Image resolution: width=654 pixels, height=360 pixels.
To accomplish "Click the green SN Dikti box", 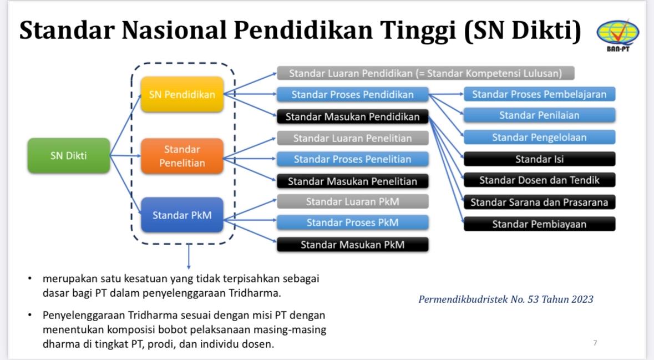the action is [x=69, y=156].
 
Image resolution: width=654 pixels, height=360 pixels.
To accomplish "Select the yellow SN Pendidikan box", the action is [x=182, y=94].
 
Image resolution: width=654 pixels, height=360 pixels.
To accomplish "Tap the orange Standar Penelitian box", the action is [x=182, y=156].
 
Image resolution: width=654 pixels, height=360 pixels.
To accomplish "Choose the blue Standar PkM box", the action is [x=182, y=215].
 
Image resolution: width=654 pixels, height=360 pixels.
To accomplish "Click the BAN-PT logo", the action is [x=618, y=35].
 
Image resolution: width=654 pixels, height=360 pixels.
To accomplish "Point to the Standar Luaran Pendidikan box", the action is [x=425, y=73].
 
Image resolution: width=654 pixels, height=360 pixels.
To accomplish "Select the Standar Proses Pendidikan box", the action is [x=352, y=95].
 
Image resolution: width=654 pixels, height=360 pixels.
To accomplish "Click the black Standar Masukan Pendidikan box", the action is [x=352, y=117].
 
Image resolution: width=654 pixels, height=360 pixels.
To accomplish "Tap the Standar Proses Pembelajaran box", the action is [x=539, y=94].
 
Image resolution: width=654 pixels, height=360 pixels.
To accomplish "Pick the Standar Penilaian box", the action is [x=539, y=115].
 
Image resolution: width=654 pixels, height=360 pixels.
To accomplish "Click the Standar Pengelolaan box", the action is [x=539, y=137].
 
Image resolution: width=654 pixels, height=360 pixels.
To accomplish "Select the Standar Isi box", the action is [x=539, y=159].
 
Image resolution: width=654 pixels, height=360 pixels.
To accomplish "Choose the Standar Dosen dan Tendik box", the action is [x=539, y=180].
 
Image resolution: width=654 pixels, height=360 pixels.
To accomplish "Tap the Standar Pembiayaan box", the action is [x=539, y=224].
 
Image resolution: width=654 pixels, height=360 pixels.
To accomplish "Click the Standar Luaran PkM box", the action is [x=352, y=201].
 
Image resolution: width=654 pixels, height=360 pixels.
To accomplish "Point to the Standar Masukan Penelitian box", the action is [x=352, y=181].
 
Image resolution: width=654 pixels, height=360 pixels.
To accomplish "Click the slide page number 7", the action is [x=595, y=343].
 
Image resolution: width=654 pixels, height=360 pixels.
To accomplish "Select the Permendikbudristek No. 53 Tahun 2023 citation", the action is [x=506, y=299].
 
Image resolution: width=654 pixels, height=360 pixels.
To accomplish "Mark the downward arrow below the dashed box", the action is [x=189, y=256].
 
